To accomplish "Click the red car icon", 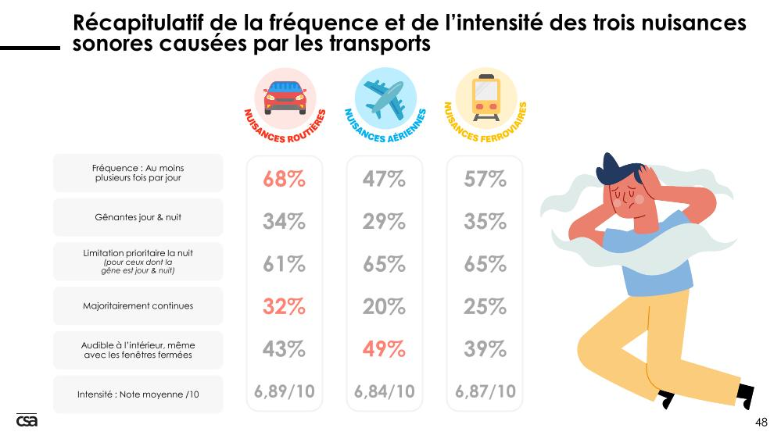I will coord(284,97).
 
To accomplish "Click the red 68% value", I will coord(284,180).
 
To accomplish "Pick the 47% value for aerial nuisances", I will coord(384,180).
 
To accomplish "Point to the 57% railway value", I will coord(485,180).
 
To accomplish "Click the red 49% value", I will coord(384,349).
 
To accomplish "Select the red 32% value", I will coord(284,307).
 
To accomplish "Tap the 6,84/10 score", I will coord(384,391).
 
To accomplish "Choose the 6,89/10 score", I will coord(284,391).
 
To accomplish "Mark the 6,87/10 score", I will coord(485,391).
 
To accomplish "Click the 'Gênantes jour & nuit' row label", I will coord(138,217).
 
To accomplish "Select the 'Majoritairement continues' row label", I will coord(138,306).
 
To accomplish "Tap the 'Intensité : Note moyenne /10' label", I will coord(138,394).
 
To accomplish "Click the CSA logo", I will coord(27,420).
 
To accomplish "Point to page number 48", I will coord(761,423).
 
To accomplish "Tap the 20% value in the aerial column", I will coord(384,307).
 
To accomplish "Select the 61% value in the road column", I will coord(284,265).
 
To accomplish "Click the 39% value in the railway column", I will coord(485,349).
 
